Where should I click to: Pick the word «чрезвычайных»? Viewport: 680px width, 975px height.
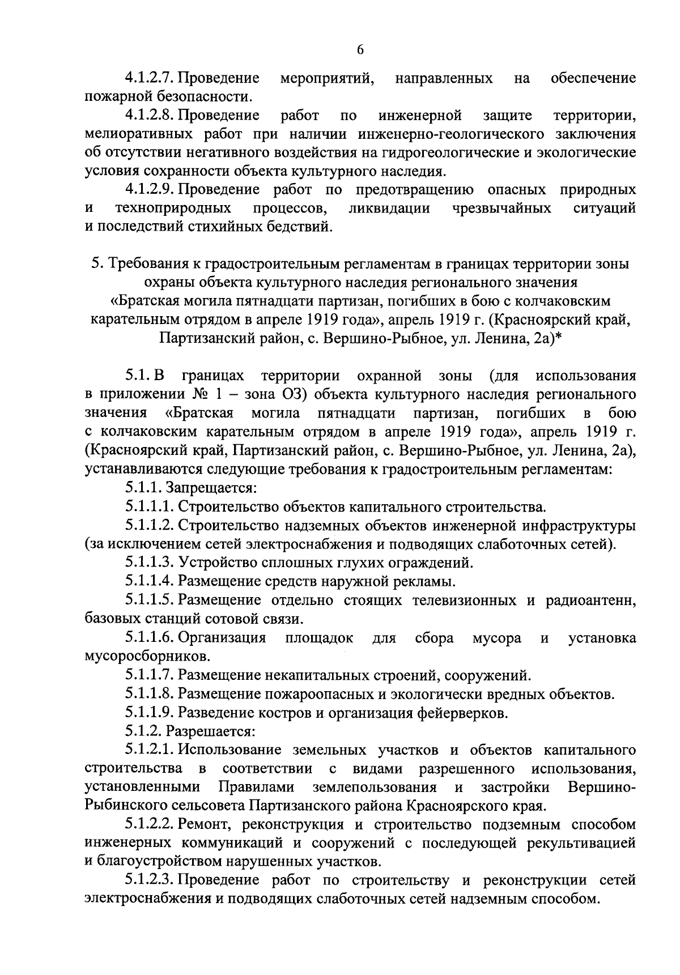pos(501,208)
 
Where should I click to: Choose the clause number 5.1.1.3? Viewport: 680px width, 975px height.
pos(149,563)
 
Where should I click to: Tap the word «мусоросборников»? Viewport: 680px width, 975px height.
pos(140,656)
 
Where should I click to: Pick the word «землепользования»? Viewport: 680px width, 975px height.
pos(374,787)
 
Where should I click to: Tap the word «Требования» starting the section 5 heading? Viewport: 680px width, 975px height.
pos(147,264)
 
